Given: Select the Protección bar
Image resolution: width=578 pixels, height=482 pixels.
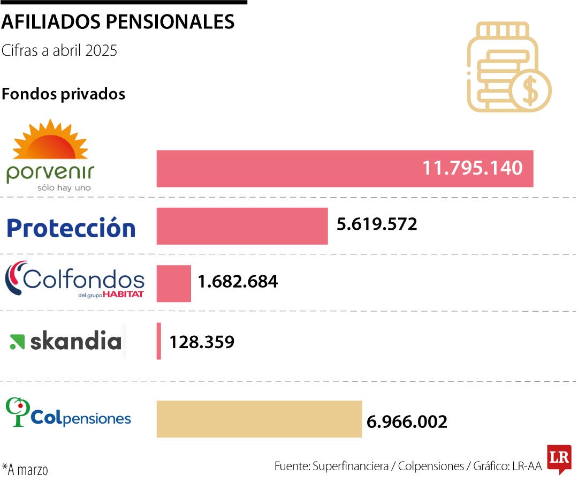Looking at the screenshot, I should coord(242,226).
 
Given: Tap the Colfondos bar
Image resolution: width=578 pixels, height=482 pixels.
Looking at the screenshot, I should coord(173,283).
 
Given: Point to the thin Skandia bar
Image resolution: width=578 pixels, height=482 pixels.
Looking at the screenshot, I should coord(159,341).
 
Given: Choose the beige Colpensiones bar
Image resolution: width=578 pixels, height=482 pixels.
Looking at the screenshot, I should coord(259,419).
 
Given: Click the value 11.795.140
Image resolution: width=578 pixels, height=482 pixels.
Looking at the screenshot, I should coord(472,168).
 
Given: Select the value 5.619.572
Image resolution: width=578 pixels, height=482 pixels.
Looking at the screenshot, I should coord(377,224).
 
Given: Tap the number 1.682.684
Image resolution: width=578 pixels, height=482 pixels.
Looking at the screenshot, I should coord(238,281).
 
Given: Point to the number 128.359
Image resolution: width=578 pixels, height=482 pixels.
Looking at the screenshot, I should coord(202,342).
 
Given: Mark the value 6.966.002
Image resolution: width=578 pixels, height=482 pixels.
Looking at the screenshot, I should coord(407,421).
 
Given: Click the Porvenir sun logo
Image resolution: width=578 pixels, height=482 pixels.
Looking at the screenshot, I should coord(50,140).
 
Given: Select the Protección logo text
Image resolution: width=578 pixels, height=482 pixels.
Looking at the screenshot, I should coord(71,228).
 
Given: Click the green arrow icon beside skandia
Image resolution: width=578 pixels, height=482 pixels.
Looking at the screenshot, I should coord(17,342).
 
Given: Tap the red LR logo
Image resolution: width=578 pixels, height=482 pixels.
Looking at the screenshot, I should coord(559,458).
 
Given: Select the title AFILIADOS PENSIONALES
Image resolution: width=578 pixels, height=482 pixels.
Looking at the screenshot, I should coord(118,22).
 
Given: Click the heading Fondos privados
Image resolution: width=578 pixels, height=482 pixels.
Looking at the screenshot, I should coord(63,94).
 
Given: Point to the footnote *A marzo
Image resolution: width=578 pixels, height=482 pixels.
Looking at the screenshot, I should coord(25,470).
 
